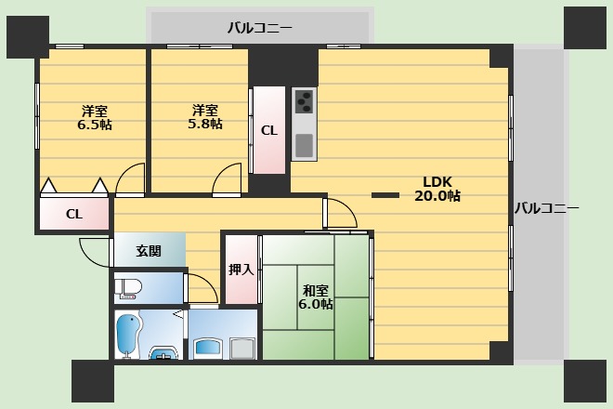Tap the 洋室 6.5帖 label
pos(93,116)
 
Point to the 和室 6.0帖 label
pos(314,297)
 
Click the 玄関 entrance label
pos(148,251)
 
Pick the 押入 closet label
pos(241,270)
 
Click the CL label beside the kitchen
pos(267,131)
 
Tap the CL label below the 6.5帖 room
pos(74,215)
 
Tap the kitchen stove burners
pos(304,101)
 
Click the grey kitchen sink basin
pos(304,145)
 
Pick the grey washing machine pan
pos(242,349)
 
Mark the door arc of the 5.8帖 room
pos(226,181)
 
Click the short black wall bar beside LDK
pos(385,194)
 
